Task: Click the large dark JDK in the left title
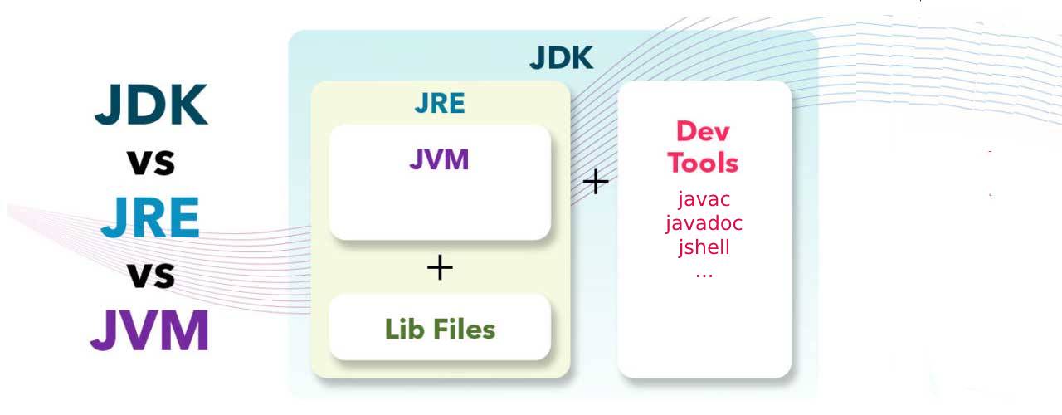coord(151,105)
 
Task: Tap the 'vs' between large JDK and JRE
coord(151,162)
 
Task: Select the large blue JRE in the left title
coord(150,217)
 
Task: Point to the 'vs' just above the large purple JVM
coord(151,275)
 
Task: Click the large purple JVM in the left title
coord(149,330)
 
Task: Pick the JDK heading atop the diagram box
coord(562,59)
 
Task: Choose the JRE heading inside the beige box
coord(440,105)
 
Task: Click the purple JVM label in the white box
coord(439,159)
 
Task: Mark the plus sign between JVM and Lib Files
coord(440,267)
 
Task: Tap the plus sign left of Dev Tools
coord(596,182)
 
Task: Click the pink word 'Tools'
coord(704,162)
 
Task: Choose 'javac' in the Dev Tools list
coord(704,199)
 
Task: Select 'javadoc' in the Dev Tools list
coord(704,223)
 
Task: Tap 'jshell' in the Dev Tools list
coord(704,247)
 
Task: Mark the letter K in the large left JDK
coord(187,105)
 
